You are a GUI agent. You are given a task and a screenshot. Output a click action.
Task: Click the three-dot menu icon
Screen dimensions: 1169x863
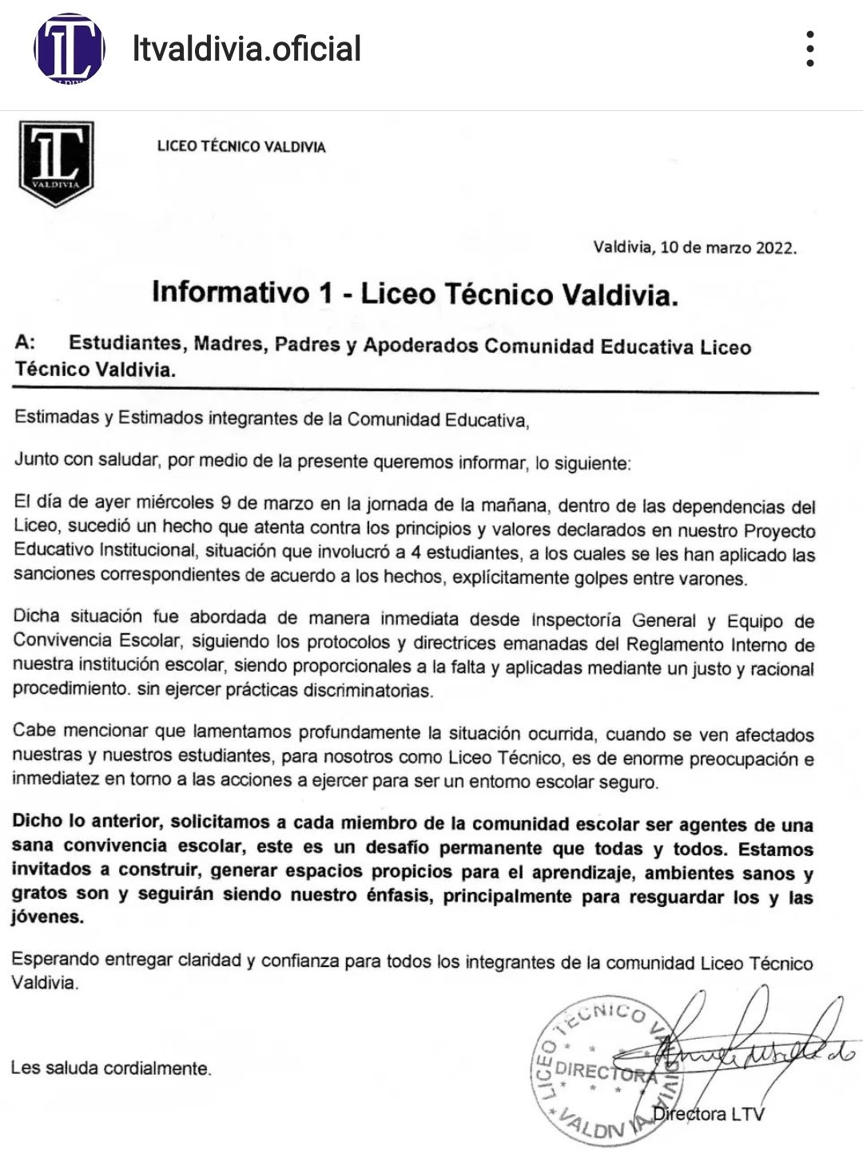[x=810, y=49]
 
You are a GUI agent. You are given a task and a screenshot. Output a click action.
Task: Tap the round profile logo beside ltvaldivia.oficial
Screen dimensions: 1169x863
[x=69, y=48]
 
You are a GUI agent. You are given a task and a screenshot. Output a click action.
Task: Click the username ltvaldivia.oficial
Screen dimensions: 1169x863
[x=246, y=49]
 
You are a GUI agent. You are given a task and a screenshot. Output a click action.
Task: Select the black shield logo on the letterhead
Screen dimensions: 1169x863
[x=56, y=163]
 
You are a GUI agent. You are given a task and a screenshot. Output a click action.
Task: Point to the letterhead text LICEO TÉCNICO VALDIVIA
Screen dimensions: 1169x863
[x=241, y=147]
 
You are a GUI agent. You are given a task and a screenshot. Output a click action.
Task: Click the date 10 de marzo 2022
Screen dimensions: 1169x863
[x=729, y=248]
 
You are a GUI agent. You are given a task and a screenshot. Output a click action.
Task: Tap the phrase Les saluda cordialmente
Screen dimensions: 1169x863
[x=111, y=1068]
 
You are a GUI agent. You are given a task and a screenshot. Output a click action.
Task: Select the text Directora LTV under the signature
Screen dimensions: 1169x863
[x=708, y=1114]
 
